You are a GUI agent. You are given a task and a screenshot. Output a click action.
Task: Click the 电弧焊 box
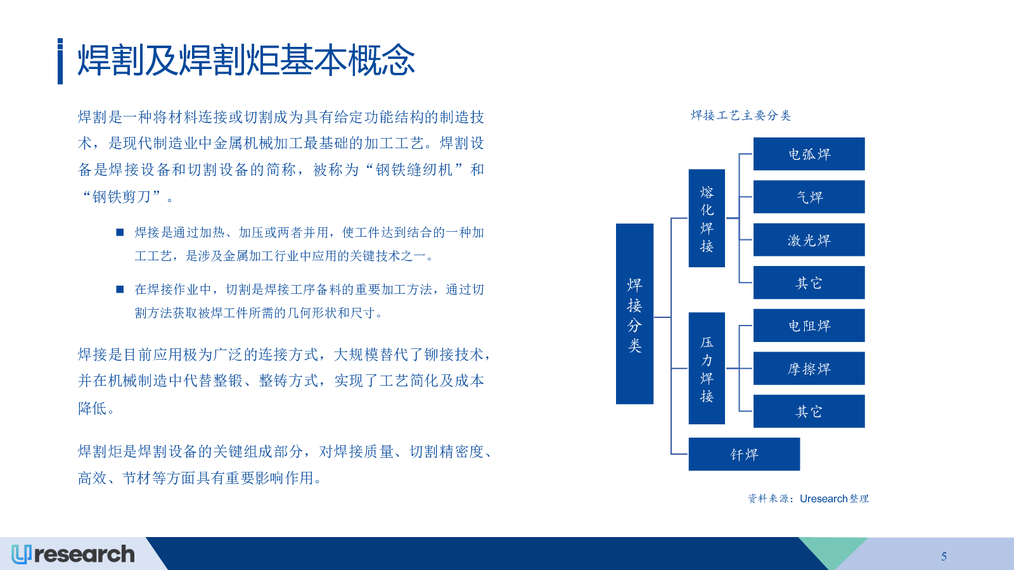(809, 154)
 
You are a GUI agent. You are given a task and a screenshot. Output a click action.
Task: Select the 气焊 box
(809, 197)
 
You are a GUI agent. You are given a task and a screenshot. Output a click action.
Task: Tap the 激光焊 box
(809, 240)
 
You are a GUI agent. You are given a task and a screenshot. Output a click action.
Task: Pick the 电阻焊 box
(809, 326)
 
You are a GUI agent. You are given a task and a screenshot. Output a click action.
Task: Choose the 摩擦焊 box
(809, 368)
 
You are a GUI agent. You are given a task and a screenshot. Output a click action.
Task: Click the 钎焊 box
(744, 454)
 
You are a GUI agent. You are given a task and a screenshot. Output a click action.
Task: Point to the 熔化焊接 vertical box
(707, 218)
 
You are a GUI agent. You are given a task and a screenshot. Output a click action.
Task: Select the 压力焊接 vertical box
(707, 368)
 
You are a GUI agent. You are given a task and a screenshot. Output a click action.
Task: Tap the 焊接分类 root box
(634, 314)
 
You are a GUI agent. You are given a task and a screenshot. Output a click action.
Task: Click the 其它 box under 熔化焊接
(809, 282)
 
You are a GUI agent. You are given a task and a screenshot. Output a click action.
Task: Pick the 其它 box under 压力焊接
(809, 411)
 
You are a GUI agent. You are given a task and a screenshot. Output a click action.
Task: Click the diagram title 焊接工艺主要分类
(741, 115)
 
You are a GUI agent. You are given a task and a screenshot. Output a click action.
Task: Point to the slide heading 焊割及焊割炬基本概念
(247, 60)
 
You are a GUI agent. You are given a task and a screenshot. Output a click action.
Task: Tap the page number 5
(944, 556)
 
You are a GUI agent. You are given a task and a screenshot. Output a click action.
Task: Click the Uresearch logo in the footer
(73, 554)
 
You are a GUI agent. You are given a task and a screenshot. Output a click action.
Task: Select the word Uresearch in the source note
(823, 498)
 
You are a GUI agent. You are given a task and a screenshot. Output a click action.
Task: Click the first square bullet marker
(120, 232)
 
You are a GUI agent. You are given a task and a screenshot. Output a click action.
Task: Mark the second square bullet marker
(120, 289)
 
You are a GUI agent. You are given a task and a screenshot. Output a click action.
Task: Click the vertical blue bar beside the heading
(60, 61)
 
